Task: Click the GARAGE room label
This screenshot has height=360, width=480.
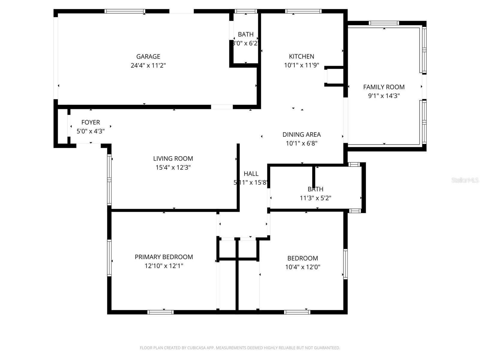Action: click(148, 56)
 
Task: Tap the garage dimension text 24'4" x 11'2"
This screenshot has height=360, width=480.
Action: click(148, 65)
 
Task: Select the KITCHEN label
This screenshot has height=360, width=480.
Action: click(301, 56)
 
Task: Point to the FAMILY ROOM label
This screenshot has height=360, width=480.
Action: click(384, 87)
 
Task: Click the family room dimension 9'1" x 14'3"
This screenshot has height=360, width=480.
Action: click(384, 96)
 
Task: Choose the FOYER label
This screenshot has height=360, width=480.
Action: click(91, 122)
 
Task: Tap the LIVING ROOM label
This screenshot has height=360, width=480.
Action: click(173, 158)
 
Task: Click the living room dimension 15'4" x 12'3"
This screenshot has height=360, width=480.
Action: click(173, 167)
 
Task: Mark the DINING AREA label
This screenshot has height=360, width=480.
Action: click(301, 134)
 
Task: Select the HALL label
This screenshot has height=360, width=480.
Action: click(251, 174)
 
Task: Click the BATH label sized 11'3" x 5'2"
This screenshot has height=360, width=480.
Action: click(315, 189)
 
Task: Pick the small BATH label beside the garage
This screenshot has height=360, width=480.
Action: click(246, 34)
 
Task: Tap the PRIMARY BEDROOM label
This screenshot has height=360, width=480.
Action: click(164, 257)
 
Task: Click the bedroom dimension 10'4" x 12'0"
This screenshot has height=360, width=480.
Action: click(303, 267)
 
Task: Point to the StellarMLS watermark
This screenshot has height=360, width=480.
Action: click(465, 180)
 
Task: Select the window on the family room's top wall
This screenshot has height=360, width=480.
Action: click(384, 23)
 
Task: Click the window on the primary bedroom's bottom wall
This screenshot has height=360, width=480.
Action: click(160, 312)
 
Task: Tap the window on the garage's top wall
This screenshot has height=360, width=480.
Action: click(124, 11)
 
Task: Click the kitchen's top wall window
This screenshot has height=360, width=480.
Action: click(303, 11)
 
